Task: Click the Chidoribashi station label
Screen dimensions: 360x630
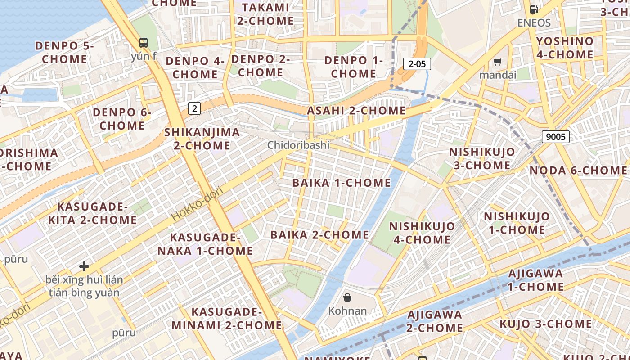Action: [298, 145]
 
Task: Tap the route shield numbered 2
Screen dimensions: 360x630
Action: [194, 108]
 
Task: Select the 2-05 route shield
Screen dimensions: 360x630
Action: [417, 64]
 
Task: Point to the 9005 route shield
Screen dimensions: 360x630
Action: [555, 137]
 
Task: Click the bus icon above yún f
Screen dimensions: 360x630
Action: [144, 43]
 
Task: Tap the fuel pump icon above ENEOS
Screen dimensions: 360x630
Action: [534, 9]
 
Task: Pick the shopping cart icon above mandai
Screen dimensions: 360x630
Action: [497, 62]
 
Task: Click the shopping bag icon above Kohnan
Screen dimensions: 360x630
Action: [347, 297]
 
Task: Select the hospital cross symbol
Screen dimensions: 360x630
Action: [84, 266]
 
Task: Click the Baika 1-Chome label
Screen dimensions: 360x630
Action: [342, 183]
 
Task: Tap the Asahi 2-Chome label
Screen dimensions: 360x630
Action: [356, 111]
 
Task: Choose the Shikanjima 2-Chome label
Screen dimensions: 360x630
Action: [202, 139]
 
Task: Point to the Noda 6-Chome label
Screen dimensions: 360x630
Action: [578, 171]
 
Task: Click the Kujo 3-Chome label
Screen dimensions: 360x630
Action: [545, 324]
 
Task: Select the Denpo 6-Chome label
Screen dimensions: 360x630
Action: [122, 119]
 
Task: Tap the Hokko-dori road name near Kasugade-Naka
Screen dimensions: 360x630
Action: [197, 204]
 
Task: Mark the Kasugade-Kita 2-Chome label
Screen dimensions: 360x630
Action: [92, 213]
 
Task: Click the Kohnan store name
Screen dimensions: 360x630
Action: [347, 311]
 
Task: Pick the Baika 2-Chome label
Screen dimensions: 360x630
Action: [319, 235]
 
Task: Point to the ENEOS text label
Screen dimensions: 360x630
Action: [534, 22]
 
